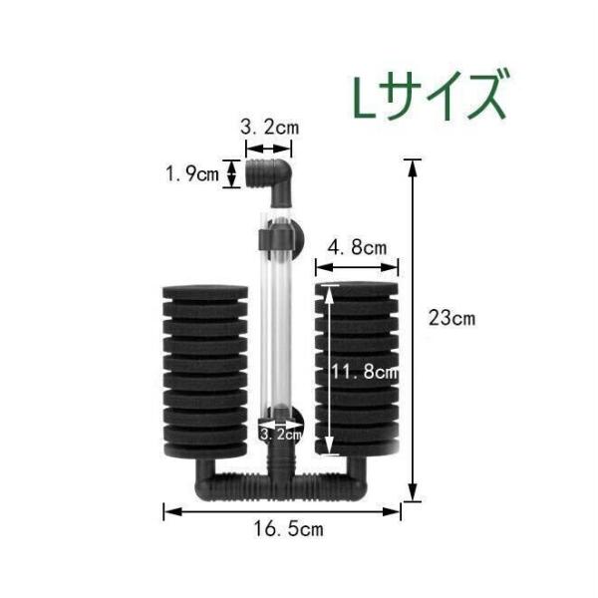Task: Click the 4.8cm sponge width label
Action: (x=357, y=246)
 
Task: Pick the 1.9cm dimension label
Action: (x=192, y=175)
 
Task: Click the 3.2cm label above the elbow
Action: (x=270, y=128)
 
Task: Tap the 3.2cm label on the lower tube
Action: (x=280, y=435)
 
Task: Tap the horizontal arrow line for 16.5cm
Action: (x=282, y=511)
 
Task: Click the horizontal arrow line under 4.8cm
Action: (x=357, y=266)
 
